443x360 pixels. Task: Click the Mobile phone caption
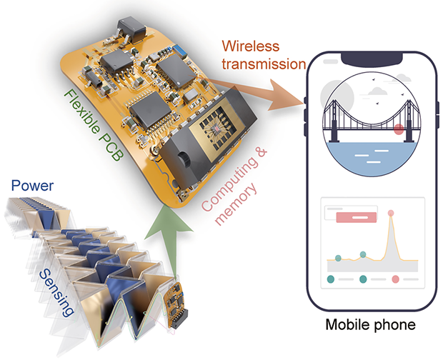(x=370, y=326)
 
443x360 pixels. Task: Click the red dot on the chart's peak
(x=391, y=213)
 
